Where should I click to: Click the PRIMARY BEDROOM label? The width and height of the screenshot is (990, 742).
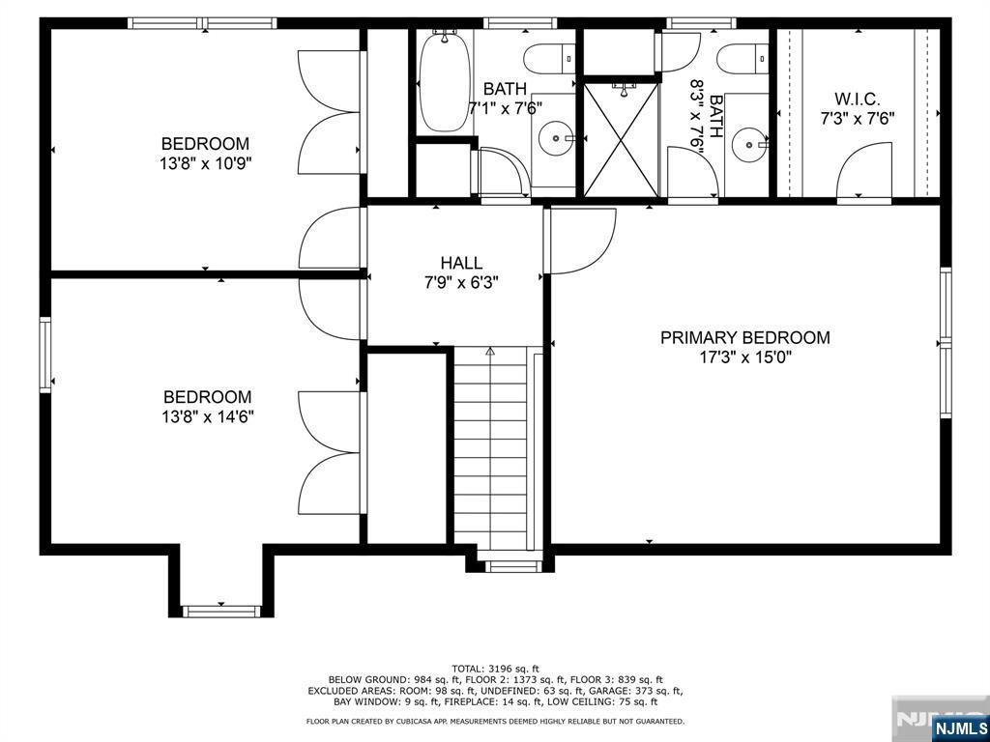click(x=745, y=337)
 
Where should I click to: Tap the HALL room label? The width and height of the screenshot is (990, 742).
click(x=461, y=263)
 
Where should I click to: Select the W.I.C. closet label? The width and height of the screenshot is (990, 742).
click(x=858, y=100)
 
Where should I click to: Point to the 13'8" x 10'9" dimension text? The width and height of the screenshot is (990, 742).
click(x=206, y=164)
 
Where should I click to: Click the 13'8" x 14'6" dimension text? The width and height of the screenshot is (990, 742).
click(x=208, y=417)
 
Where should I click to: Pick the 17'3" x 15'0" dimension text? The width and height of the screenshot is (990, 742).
click(x=745, y=357)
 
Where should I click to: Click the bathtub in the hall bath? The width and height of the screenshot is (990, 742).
click(x=445, y=81)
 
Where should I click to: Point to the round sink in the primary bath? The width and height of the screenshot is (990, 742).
click(x=749, y=145)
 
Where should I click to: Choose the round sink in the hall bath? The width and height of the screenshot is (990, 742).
click(x=556, y=137)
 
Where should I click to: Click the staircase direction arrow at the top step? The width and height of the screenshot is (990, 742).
click(x=490, y=351)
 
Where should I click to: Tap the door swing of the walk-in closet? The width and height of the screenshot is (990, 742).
click(x=863, y=169)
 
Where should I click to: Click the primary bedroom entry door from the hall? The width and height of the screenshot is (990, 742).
click(x=580, y=241)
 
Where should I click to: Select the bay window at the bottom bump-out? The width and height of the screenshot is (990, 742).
click(x=221, y=611)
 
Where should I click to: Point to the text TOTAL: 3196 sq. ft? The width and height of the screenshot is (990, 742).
click(x=496, y=669)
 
